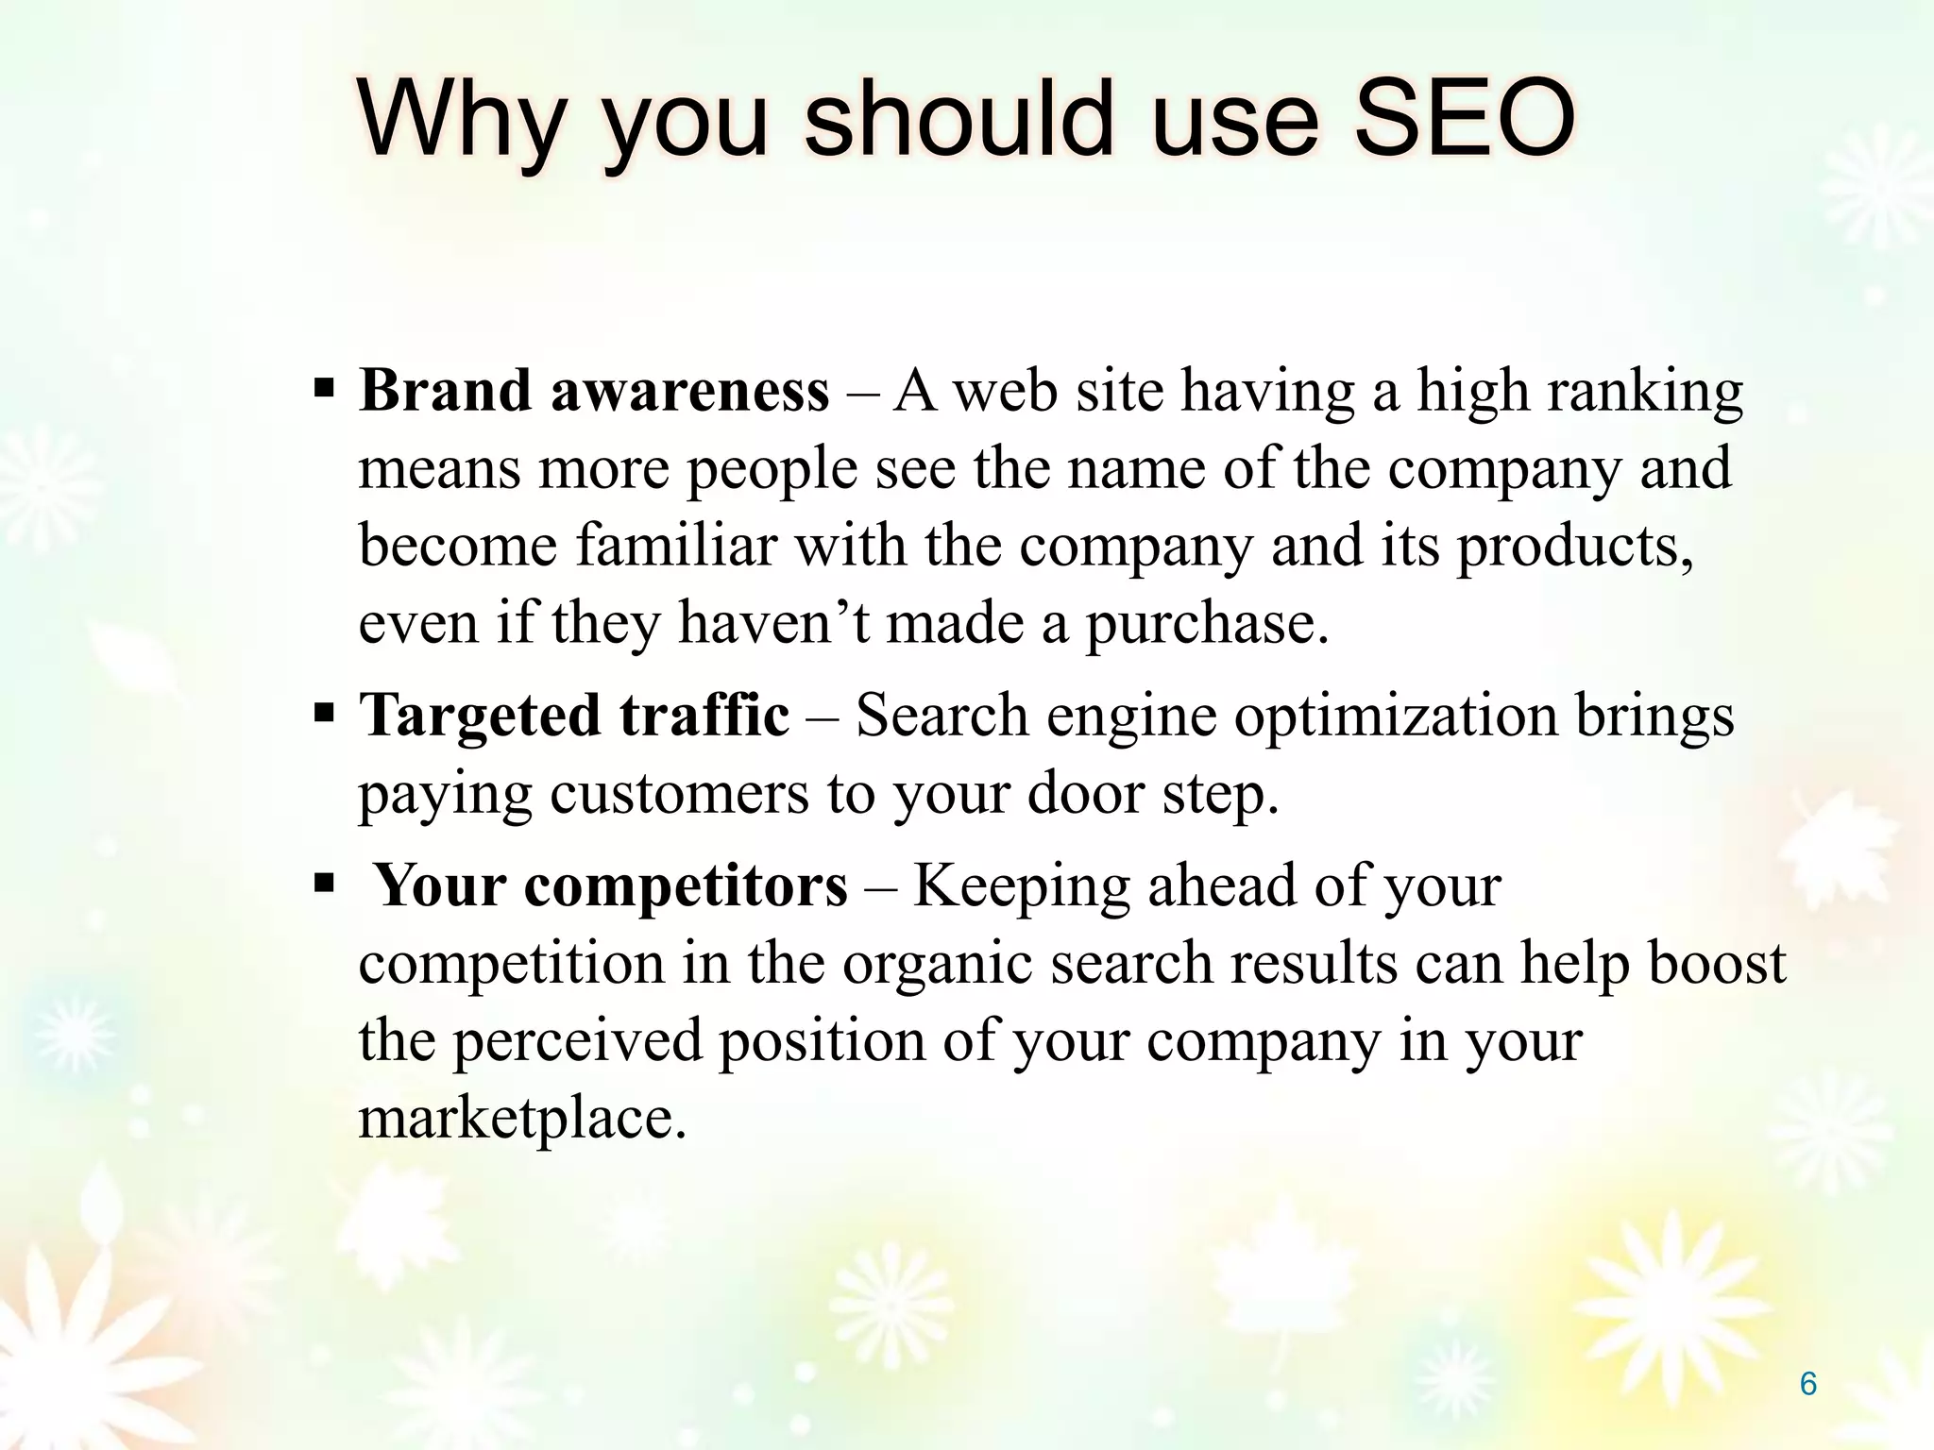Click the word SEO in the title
1464,120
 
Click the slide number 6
1807,1384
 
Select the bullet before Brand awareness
324,389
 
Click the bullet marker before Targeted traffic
324,713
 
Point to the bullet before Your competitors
324,885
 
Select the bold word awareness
689,392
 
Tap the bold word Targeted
480,716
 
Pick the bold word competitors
686,888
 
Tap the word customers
679,794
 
